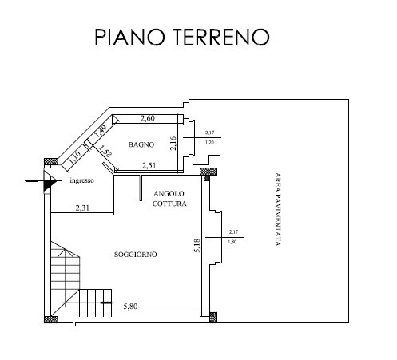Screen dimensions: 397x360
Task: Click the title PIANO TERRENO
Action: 182,37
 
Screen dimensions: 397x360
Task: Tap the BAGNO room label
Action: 141,144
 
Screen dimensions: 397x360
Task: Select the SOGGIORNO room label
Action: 136,255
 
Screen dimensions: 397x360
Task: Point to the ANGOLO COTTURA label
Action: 169,199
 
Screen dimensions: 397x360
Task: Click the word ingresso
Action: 81,180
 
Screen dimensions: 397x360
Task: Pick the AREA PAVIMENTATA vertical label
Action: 278,209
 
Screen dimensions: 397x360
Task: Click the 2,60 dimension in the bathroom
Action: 148,118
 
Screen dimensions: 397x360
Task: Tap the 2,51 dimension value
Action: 149,166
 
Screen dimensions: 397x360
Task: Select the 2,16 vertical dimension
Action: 173,143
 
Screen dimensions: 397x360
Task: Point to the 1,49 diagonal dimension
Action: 101,131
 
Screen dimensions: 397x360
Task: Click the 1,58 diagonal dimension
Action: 105,151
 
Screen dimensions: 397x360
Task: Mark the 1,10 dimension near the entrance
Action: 74,157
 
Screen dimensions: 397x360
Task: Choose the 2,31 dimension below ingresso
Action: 82,208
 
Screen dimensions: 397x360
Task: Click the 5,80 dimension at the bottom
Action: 130,307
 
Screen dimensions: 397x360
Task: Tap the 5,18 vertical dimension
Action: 197,246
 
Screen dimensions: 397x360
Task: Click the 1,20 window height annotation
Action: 209,143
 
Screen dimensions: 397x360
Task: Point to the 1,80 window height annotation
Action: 232,242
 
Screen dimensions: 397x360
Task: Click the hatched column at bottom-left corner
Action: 51,319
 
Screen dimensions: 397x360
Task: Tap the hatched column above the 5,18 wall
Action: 208,172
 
